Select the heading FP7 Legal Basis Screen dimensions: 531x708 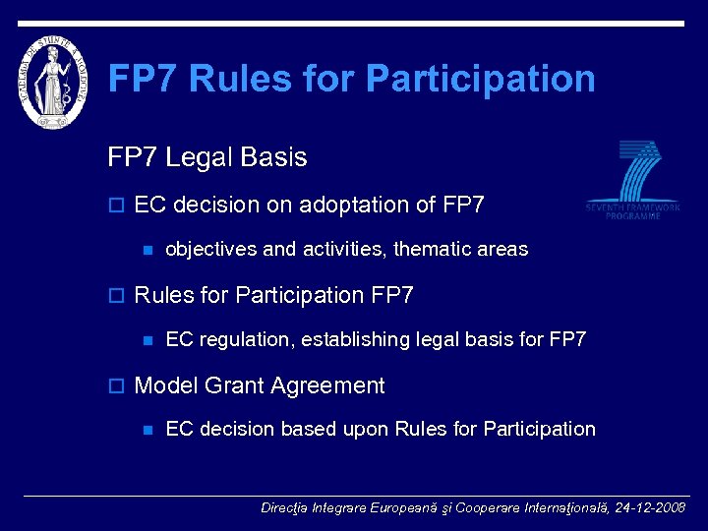click(206, 157)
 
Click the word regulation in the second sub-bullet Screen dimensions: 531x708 click(243, 339)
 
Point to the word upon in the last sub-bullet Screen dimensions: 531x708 click(366, 429)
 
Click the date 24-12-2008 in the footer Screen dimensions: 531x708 click(650, 508)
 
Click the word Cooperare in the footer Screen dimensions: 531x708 click(488, 508)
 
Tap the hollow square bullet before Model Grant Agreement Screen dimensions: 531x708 click(115, 386)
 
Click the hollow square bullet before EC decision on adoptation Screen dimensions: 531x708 click(115, 206)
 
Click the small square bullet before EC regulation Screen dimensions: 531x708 click(147, 340)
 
